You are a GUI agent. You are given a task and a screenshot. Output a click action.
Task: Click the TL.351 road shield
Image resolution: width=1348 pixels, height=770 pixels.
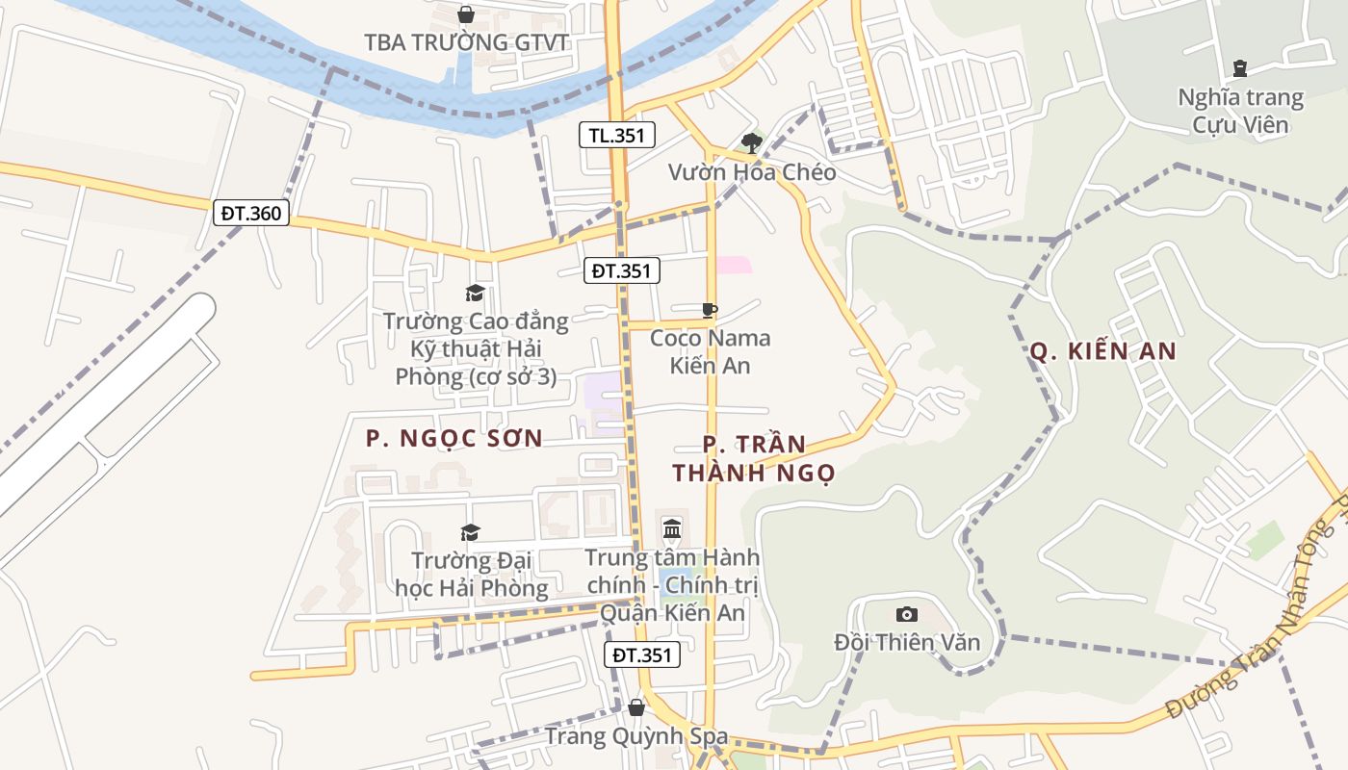(x=617, y=136)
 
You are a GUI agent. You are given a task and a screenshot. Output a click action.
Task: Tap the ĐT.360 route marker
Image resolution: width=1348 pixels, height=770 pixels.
(x=251, y=213)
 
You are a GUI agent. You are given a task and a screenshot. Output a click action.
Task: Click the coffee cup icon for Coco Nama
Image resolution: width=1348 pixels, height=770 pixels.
(x=710, y=310)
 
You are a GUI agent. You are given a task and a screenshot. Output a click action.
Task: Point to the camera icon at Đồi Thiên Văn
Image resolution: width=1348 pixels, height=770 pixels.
(x=906, y=614)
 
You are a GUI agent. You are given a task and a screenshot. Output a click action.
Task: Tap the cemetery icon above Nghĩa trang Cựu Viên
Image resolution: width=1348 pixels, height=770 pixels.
(x=1240, y=68)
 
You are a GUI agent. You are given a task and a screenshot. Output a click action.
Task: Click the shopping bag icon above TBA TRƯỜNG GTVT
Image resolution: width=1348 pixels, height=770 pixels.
(x=466, y=14)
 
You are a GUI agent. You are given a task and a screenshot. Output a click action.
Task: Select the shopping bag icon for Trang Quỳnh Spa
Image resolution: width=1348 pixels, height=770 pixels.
(x=635, y=707)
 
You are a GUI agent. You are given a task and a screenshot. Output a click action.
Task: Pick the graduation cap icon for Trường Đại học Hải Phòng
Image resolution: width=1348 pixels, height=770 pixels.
(x=470, y=532)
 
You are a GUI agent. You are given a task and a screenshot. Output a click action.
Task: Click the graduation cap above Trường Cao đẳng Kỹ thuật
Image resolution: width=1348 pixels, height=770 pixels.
(x=475, y=293)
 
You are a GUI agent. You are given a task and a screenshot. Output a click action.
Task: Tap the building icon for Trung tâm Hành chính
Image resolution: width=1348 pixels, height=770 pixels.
(x=672, y=528)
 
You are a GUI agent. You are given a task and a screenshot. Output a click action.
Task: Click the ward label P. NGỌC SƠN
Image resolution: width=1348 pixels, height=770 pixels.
(x=454, y=439)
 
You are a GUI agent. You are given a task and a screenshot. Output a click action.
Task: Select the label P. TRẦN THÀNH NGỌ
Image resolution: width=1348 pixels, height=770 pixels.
(x=754, y=459)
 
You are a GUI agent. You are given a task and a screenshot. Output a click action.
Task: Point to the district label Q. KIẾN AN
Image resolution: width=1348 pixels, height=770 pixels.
(x=1103, y=351)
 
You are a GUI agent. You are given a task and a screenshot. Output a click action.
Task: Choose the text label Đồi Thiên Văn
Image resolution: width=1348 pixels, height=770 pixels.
(x=907, y=642)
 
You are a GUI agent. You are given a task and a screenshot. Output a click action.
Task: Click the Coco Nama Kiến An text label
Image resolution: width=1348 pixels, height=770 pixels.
(x=711, y=351)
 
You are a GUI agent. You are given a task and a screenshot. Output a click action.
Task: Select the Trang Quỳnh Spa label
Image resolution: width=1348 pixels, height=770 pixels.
(x=636, y=736)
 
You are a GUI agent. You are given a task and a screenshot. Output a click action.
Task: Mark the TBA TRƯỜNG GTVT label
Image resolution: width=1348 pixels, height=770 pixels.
(x=466, y=42)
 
